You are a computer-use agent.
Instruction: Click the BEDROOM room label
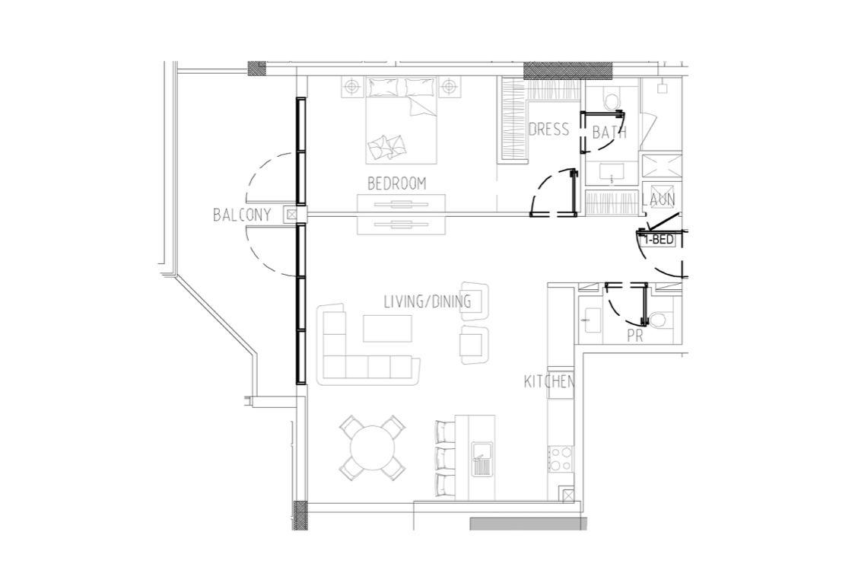tap(396, 183)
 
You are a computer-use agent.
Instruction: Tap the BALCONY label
tap(242, 215)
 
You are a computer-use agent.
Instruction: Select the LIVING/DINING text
tap(427, 301)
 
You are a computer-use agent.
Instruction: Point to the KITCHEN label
tap(549, 381)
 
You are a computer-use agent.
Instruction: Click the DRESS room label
tap(549, 129)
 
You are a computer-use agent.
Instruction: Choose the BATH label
tap(609, 132)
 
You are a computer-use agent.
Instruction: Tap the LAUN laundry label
tap(658, 199)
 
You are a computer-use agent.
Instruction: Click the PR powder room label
tap(634, 336)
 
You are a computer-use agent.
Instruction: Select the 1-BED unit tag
tap(660, 240)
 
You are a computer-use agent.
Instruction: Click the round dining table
tap(373, 449)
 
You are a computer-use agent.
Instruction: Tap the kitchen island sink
tap(482, 458)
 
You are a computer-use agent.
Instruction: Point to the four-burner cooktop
tap(561, 459)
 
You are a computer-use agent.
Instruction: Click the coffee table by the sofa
tap(388, 328)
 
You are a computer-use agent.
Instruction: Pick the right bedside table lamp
tap(448, 87)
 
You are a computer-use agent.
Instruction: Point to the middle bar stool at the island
tap(446, 457)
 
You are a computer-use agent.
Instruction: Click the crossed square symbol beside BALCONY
tap(292, 215)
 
